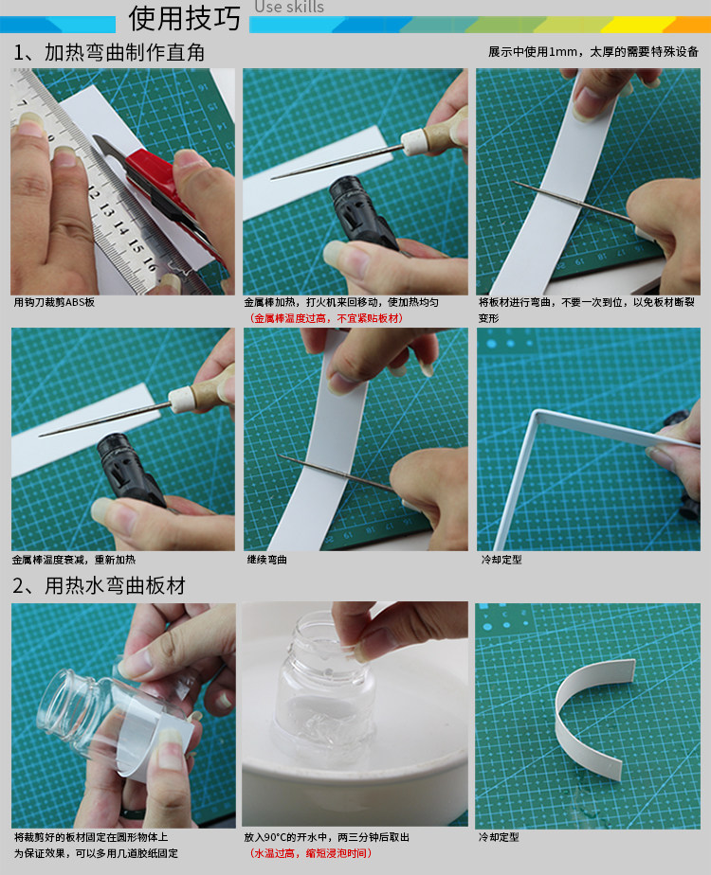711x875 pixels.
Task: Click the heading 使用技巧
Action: click(x=184, y=18)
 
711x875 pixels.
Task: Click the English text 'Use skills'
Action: click(x=289, y=7)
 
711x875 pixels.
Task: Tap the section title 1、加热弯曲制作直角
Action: click(x=109, y=52)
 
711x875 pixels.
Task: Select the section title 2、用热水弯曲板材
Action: click(x=99, y=585)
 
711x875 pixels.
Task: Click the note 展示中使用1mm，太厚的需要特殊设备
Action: click(x=593, y=52)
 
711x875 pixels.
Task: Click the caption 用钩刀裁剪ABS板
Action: click(x=54, y=302)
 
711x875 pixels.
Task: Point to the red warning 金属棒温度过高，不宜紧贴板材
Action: click(x=326, y=318)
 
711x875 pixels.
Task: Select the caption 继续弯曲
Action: click(x=267, y=559)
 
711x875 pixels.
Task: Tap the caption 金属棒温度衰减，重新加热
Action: click(x=74, y=559)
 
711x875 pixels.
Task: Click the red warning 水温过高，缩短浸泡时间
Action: click(x=311, y=853)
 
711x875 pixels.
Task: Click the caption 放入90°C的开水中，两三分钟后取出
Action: click(x=327, y=837)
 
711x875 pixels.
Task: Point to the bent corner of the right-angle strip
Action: click(x=537, y=414)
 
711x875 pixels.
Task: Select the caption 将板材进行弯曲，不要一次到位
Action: click(x=587, y=302)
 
